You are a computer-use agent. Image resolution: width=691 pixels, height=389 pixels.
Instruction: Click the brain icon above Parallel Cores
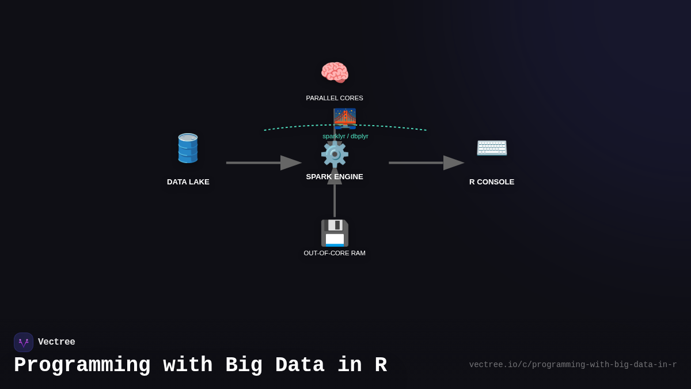[x=335, y=73]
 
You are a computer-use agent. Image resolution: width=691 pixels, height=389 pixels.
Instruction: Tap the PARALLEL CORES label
[x=335, y=98]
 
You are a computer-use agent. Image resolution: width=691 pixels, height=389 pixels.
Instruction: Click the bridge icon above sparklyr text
[x=344, y=118]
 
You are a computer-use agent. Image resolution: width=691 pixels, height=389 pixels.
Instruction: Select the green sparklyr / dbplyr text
[x=345, y=136]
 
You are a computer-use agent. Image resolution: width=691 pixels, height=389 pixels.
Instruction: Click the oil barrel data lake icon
[x=188, y=148]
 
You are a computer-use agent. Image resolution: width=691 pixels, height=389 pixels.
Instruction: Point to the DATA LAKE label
[x=188, y=182]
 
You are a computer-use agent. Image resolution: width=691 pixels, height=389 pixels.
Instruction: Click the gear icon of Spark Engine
[x=335, y=154]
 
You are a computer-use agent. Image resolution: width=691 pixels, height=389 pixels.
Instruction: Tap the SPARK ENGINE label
[x=335, y=177]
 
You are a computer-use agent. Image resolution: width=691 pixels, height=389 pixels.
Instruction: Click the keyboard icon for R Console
[x=492, y=148]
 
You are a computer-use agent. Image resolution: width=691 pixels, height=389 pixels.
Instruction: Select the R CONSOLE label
[x=492, y=182]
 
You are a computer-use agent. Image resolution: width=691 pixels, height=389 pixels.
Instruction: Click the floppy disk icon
[x=335, y=233]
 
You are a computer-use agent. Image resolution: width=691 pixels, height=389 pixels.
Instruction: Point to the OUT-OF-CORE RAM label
[x=335, y=253]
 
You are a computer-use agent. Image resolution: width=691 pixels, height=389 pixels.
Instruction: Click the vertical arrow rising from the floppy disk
[x=335, y=199]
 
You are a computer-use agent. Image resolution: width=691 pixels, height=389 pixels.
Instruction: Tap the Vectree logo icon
[x=24, y=342]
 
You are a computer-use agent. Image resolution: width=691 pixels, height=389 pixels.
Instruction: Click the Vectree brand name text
[x=56, y=342]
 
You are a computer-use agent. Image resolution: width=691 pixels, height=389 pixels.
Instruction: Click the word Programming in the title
[x=82, y=365]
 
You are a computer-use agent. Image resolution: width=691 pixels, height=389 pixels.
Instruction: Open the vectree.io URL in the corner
[x=572, y=365]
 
